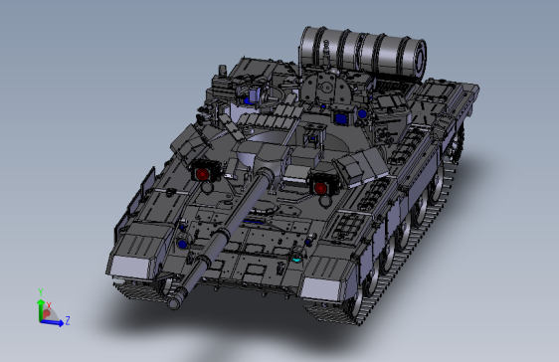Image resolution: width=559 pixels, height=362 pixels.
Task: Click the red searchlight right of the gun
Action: (x=321, y=184)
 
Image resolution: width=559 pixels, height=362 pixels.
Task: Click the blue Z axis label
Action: (x=67, y=321)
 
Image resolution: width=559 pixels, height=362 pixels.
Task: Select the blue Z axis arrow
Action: (x=56, y=320)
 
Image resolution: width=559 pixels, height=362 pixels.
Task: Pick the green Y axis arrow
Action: (x=40, y=303)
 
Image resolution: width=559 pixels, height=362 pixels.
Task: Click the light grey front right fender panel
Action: (x=325, y=285)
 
